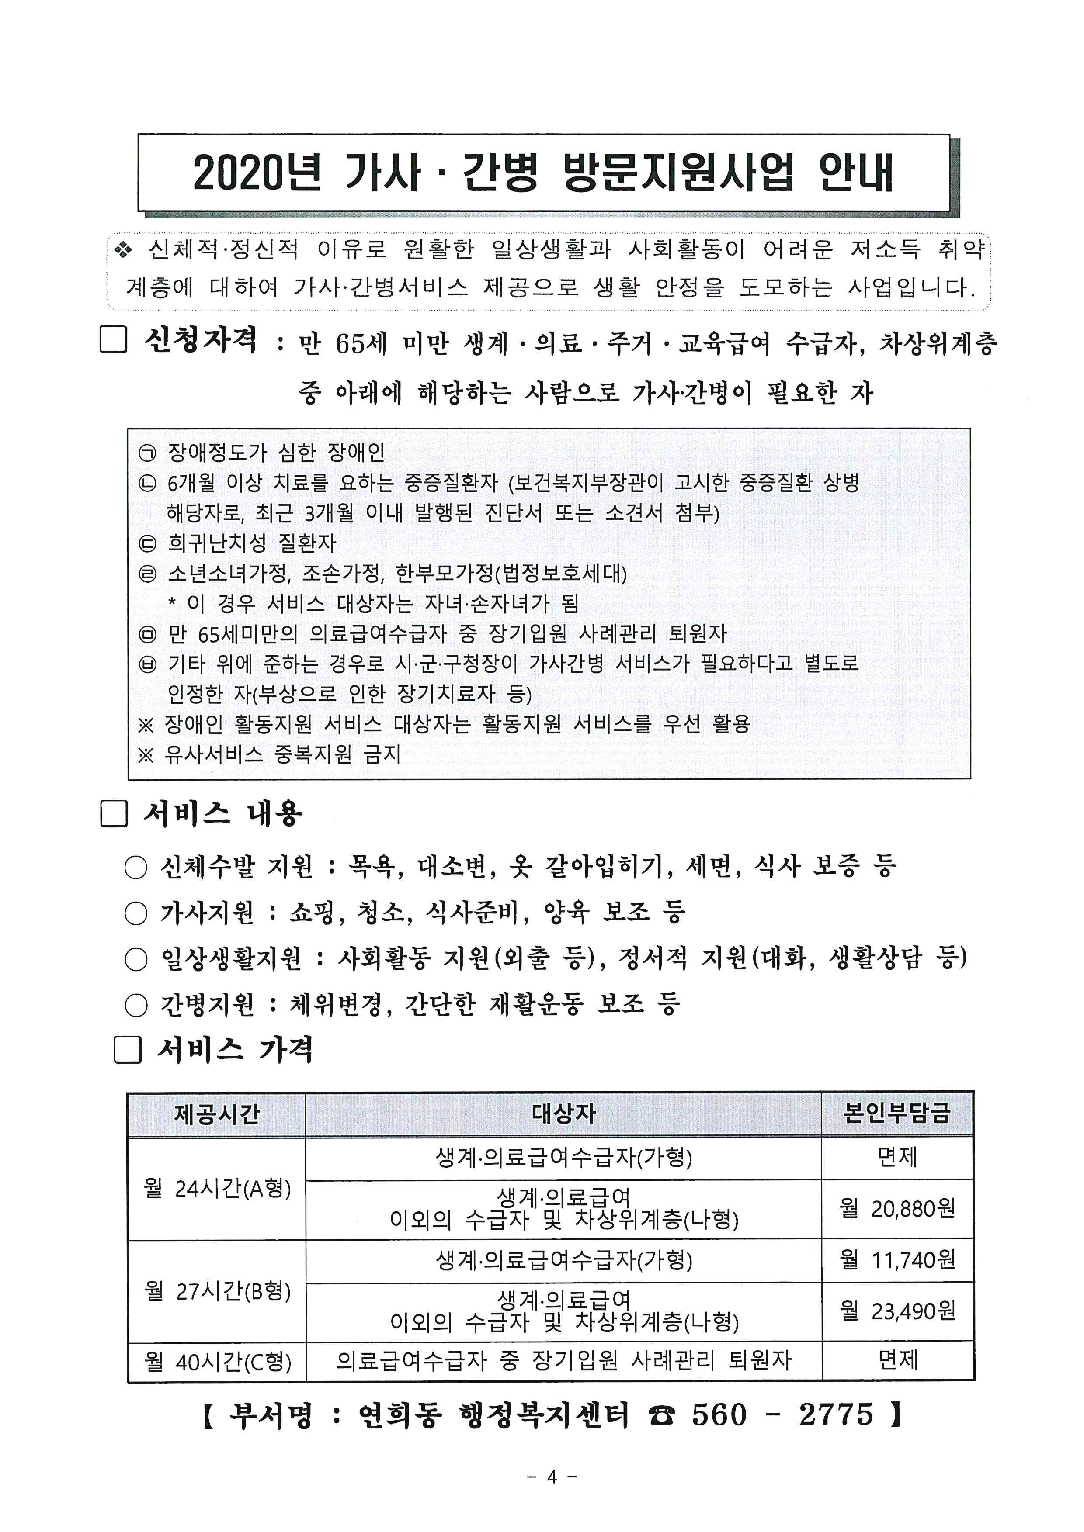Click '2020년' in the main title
point(257,173)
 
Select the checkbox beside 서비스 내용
point(114,814)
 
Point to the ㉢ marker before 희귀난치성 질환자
point(147,544)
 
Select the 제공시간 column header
point(216,1114)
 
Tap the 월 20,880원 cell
point(897,1208)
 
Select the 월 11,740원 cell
point(897,1260)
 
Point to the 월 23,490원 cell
point(897,1311)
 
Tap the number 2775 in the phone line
point(836,1414)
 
